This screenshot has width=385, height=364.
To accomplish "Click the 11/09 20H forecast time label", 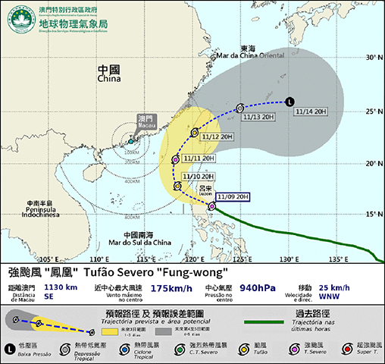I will [x=233, y=197].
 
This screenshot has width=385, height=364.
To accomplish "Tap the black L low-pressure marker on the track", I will [x=289, y=102].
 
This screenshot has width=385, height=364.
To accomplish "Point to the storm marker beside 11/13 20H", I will [x=239, y=108].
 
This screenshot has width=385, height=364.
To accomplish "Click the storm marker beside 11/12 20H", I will [x=195, y=133].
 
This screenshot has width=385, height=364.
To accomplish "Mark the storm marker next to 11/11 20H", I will [x=176, y=160].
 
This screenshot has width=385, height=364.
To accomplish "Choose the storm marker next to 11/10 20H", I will [x=177, y=186].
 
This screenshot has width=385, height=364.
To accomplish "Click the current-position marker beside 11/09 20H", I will [x=211, y=205].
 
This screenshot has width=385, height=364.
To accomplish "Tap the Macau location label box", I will [x=144, y=122].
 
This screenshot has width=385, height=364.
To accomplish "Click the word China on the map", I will [x=109, y=78].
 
